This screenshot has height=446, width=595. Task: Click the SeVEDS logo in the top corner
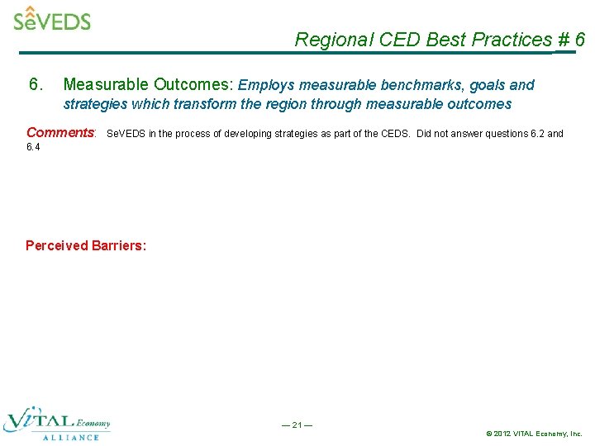click(52, 19)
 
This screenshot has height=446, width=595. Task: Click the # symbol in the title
click(564, 40)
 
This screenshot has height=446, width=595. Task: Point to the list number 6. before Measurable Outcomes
click(36, 84)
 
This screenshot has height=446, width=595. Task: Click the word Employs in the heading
click(266, 84)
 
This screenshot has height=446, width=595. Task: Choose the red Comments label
click(61, 133)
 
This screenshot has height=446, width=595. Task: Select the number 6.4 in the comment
click(33, 147)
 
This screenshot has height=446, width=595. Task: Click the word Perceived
click(56, 245)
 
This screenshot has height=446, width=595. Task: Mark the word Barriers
click(119, 245)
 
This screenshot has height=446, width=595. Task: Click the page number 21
click(297, 425)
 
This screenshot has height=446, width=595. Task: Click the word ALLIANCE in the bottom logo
click(70, 437)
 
